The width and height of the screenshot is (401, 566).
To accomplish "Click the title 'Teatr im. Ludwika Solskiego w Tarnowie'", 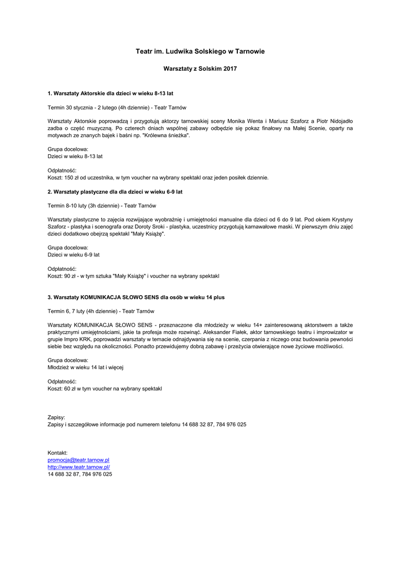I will (200, 51).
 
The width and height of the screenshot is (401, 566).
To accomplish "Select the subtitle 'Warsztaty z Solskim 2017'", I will (200, 69).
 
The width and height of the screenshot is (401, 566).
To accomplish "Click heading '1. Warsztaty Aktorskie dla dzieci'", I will (111, 93).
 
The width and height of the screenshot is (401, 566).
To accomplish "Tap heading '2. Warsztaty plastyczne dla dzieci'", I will (115, 192).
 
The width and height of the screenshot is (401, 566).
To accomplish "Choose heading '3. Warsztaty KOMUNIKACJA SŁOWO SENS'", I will (136, 297).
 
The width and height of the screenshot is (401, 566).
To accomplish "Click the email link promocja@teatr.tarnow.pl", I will (79, 460).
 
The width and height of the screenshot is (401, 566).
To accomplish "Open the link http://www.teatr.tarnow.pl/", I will (79, 467).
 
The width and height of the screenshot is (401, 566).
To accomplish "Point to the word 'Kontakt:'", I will (58, 453).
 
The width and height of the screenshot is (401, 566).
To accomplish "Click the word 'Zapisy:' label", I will (56, 417).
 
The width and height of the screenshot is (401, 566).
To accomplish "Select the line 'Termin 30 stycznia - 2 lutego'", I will (117, 107).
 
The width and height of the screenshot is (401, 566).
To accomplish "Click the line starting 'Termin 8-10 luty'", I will (102, 206).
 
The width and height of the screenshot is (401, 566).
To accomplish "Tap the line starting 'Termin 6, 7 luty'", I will (101, 311).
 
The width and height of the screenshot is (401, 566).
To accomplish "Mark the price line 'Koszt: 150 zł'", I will (158, 178).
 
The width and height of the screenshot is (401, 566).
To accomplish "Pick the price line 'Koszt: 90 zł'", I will (133, 276).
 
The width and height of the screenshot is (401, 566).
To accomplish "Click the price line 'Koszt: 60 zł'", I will (105, 389).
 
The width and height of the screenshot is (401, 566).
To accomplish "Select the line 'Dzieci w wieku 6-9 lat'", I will (74, 255).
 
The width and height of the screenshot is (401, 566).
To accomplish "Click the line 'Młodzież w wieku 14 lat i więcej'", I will (85, 368).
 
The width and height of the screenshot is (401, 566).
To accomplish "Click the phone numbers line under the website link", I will (80, 474).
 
